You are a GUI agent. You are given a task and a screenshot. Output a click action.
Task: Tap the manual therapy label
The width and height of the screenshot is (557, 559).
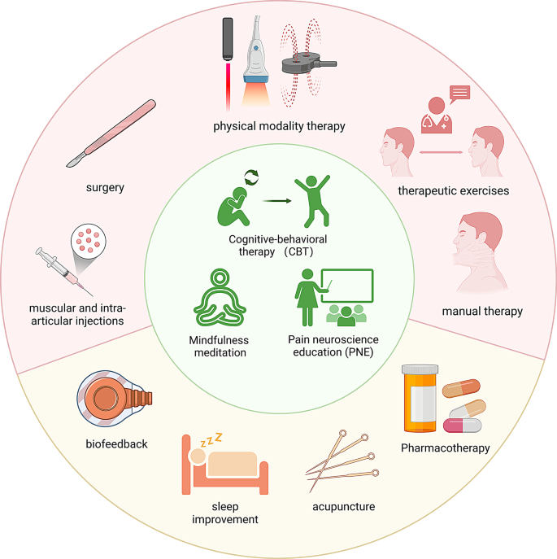pos(482,310)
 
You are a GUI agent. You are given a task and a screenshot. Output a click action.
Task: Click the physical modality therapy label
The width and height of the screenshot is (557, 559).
pos(279,126)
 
